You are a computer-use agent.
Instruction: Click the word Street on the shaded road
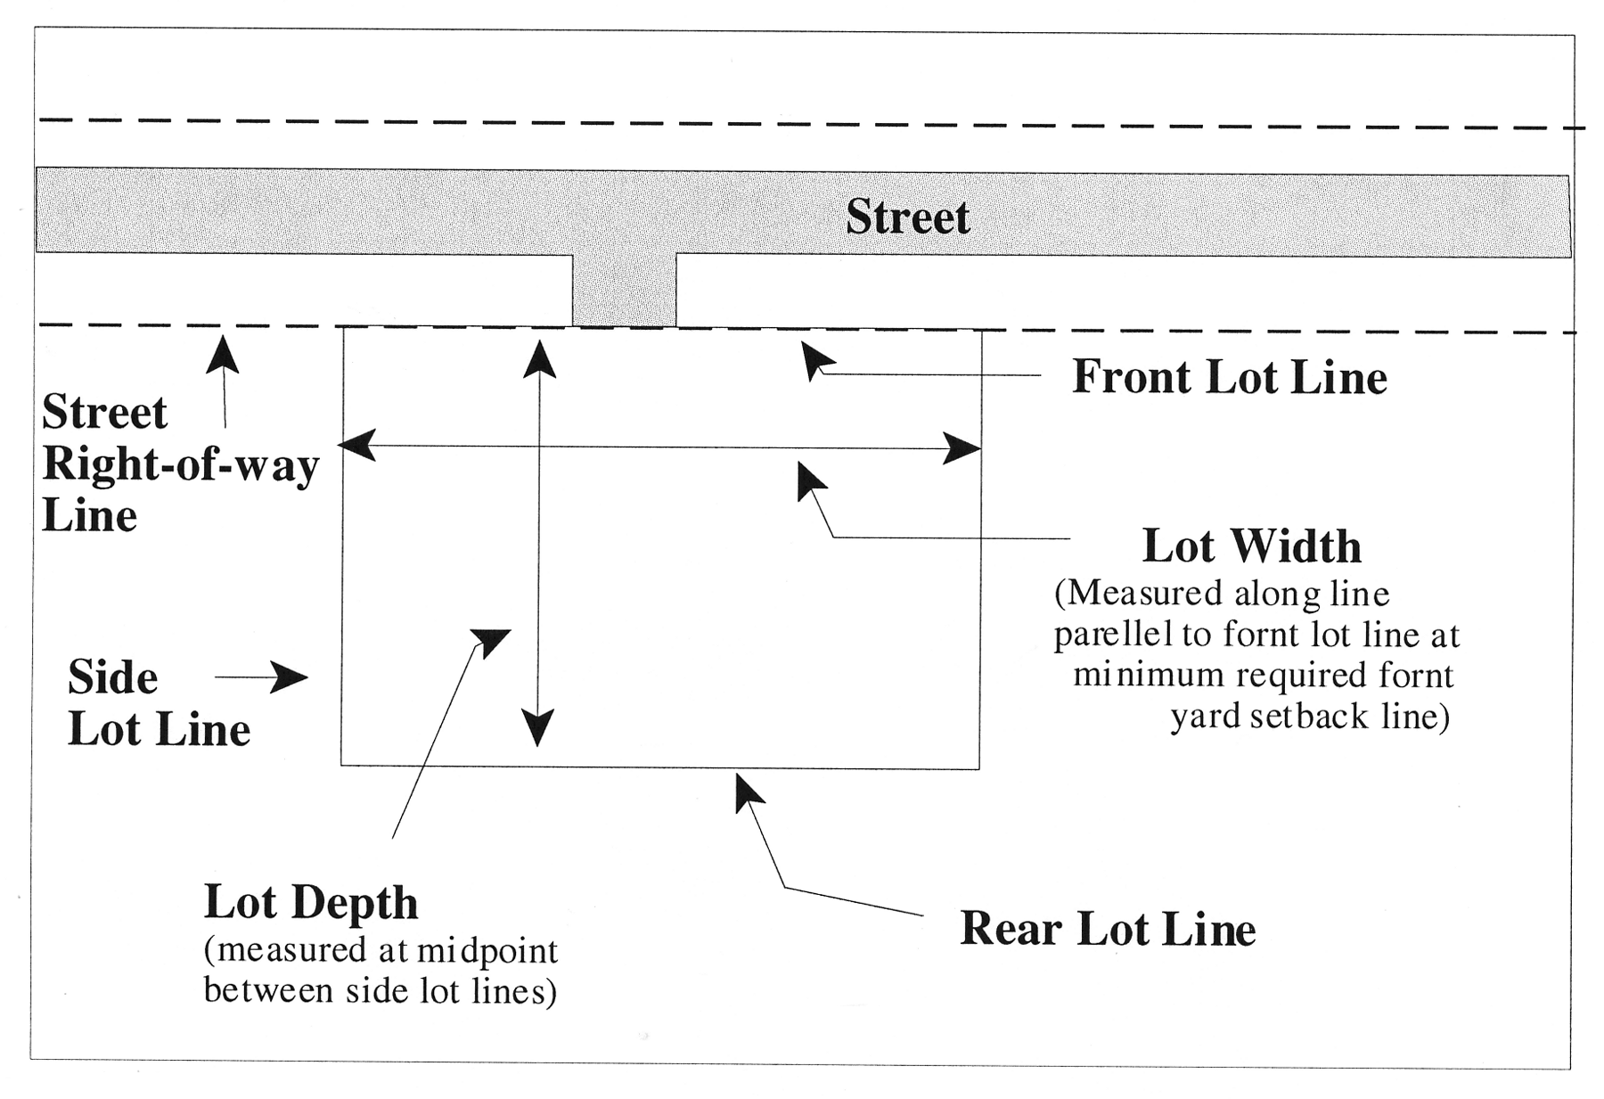coord(907,217)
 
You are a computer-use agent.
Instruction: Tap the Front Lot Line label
coord(1229,377)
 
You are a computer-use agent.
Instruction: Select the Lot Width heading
coord(1251,546)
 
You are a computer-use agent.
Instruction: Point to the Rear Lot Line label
coord(1108,930)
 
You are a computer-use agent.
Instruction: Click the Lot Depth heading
coord(311,902)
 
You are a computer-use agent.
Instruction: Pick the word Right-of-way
coord(181,464)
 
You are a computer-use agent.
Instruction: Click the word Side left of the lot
coord(113,678)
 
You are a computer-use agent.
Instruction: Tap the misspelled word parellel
coord(1113,635)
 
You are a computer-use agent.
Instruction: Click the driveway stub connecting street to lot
coord(624,291)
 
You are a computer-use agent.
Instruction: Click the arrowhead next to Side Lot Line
coord(289,677)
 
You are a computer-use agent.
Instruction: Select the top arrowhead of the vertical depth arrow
coord(539,358)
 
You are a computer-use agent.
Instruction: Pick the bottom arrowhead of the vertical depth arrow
coord(537,727)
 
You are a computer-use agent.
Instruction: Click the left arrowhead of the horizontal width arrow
coord(357,445)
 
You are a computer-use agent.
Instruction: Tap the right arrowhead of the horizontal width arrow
coord(962,448)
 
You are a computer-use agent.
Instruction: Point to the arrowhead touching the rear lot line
coord(748,792)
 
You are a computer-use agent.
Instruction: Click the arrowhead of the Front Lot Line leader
coord(815,358)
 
